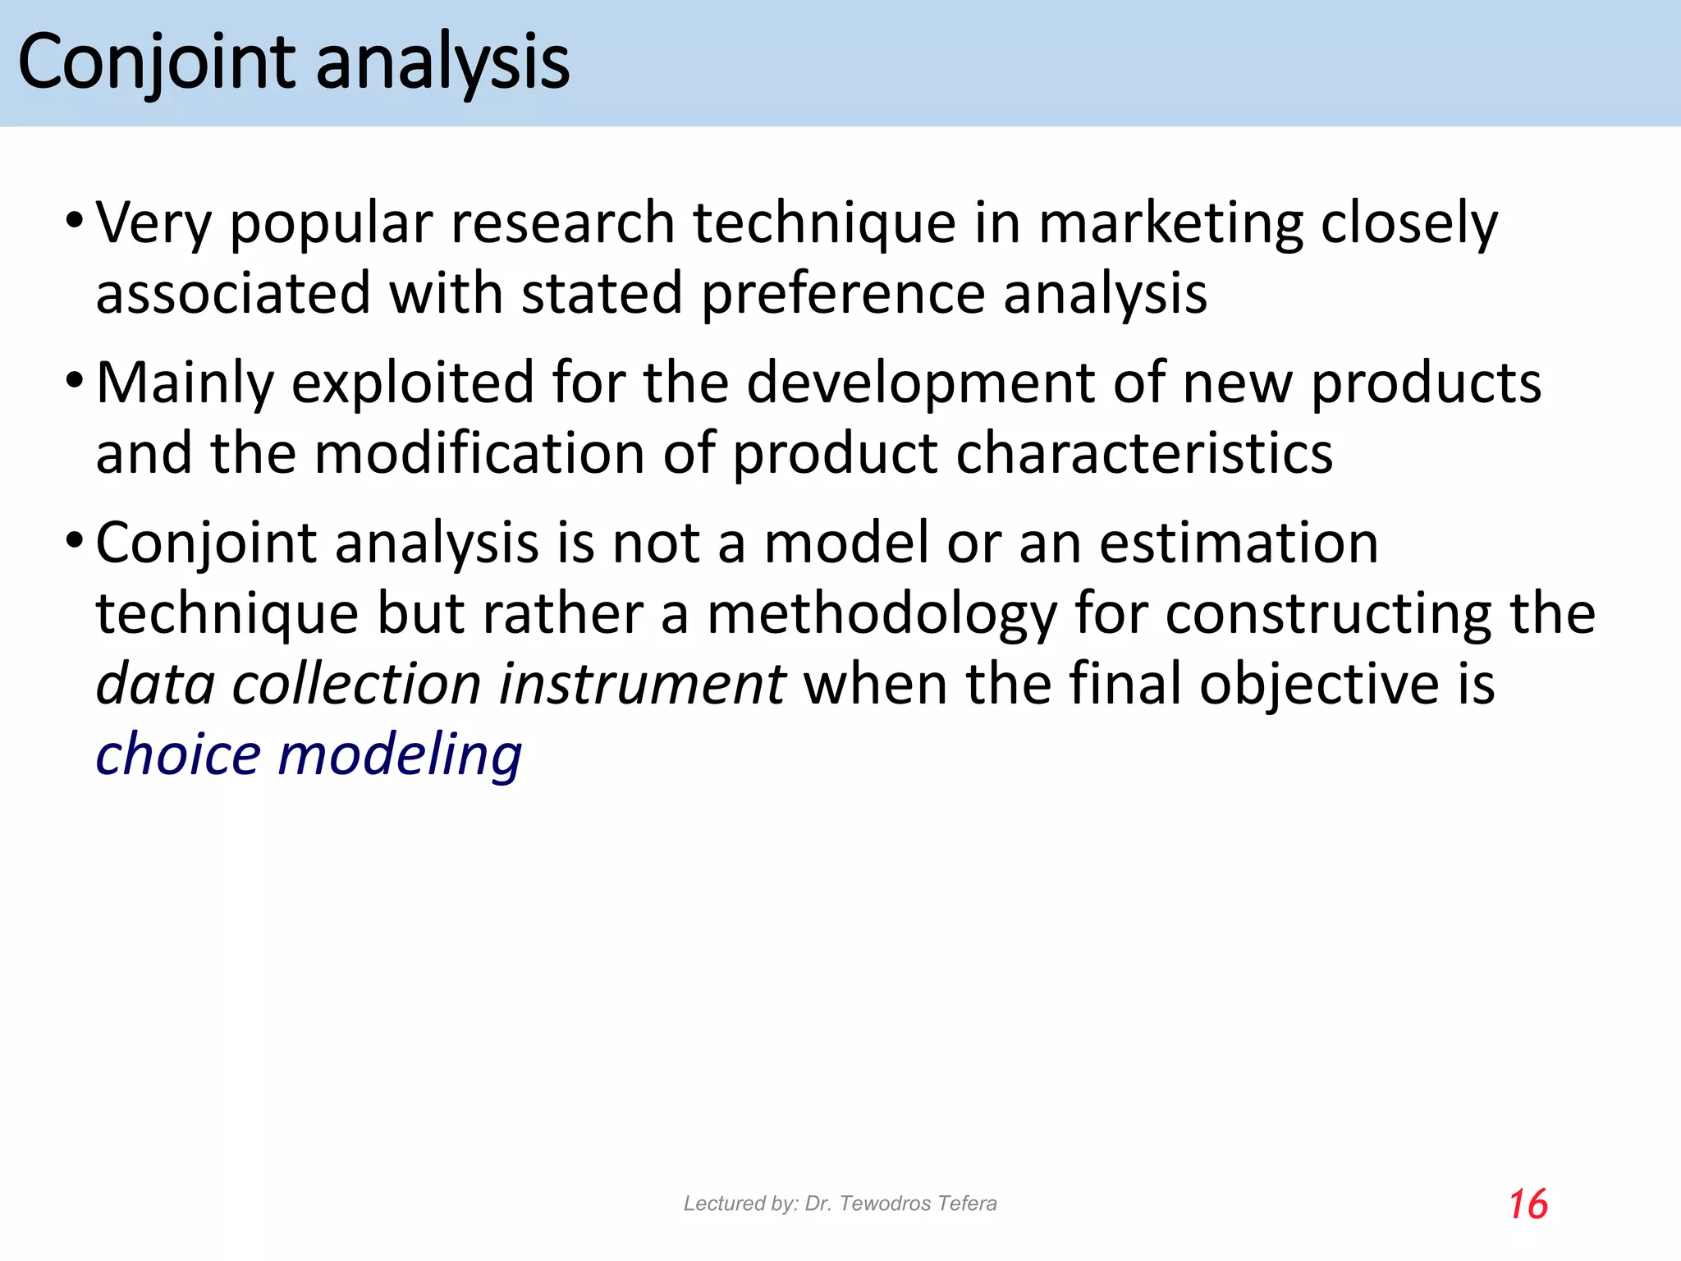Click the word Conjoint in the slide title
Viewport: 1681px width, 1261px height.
coord(156,63)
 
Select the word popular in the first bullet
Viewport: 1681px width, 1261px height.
coord(331,224)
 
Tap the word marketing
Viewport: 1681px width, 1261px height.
coord(1170,224)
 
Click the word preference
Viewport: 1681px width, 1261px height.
coord(843,295)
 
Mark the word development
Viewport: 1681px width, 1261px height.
coord(920,384)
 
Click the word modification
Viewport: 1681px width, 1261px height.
coord(479,454)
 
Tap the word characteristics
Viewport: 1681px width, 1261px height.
coord(1144,454)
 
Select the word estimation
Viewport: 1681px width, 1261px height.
coord(1239,543)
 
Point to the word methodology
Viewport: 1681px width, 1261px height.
coord(882,615)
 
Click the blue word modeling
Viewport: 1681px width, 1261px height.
coord(400,755)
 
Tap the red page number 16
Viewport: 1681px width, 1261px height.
coord(1528,1204)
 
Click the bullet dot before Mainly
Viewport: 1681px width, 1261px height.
coord(75,380)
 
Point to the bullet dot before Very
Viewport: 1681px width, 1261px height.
coord(75,220)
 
